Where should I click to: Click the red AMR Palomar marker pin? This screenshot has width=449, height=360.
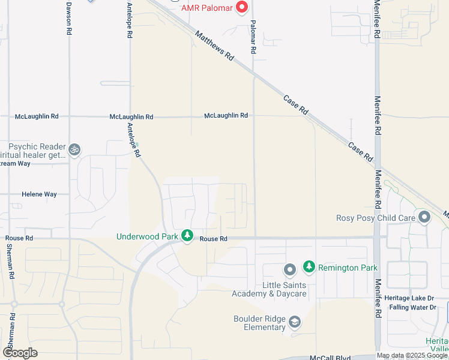click(x=242, y=7)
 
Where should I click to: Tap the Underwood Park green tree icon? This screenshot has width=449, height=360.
click(x=187, y=236)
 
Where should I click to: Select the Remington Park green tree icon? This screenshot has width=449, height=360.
click(x=309, y=266)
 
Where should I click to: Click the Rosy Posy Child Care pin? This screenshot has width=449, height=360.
click(x=424, y=217)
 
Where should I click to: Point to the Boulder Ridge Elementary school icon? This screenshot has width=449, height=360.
click(x=295, y=323)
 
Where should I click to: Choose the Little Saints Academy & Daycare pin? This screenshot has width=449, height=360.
click(x=289, y=269)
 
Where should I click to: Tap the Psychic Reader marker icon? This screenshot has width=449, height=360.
click(x=74, y=149)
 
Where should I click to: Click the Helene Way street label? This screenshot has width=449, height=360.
click(x=39, y=194)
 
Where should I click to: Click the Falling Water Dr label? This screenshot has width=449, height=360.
click(x=412, y=307)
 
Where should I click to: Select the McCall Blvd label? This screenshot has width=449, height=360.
click(x=330, y=358)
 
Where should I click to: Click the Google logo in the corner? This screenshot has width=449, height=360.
click(x=20, y=353)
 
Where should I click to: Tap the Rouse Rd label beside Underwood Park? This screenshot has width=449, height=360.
click(x=214, y=239)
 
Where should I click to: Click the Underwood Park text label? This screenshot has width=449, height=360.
click(x=147, y=236)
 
